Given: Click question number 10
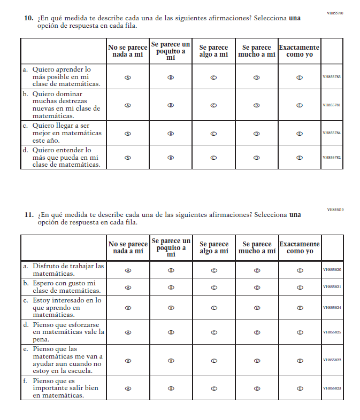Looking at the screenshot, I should [29, 18].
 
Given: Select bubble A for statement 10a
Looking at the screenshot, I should [127, 77].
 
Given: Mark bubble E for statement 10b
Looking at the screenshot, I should [300, 105].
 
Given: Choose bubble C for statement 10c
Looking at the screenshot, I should [213, 134].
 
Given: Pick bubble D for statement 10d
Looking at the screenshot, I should [257, 158].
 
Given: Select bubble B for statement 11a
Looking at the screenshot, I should [171, 270].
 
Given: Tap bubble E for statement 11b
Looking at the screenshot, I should [300, 287].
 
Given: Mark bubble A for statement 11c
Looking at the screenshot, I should [127, 308].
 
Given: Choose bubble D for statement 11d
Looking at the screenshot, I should [257, 332].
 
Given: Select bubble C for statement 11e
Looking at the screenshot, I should [213, 361].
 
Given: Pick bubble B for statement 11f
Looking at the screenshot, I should [171, 388].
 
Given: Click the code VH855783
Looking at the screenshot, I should [332, 77].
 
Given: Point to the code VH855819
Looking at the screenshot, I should [335, 209].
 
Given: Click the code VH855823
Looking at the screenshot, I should [332, 388].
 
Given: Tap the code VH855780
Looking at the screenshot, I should [335, 12].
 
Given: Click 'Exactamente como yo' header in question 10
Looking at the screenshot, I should [300, 51].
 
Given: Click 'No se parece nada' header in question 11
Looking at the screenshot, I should [128, 247].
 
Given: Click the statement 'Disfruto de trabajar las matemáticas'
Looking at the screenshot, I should [68, 269].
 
